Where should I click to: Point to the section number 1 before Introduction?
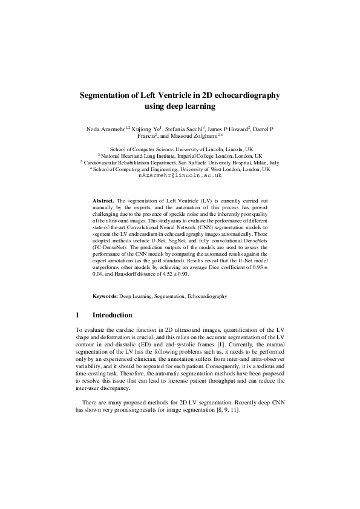click(77, 315)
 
